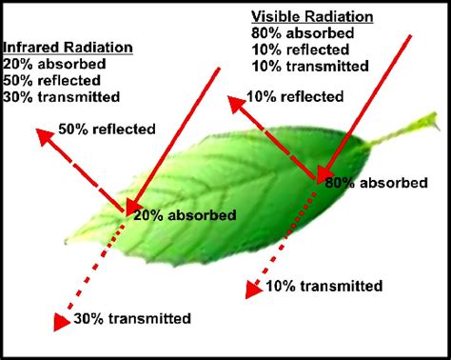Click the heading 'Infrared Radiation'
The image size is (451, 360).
pyautogui.click(x=68, y=48)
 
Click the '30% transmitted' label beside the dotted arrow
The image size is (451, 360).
pyautogui.click(x=132, y=318)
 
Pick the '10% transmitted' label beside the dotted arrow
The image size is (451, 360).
pyautogui.click(x=324, y=286)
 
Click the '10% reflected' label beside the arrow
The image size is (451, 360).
pyautogui.click(x=296, y=96)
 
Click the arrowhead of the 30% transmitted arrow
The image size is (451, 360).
pyautogui.click(x=59, y=323)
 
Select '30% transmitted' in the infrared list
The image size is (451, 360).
pyautogui.click(x=61, y=96)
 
